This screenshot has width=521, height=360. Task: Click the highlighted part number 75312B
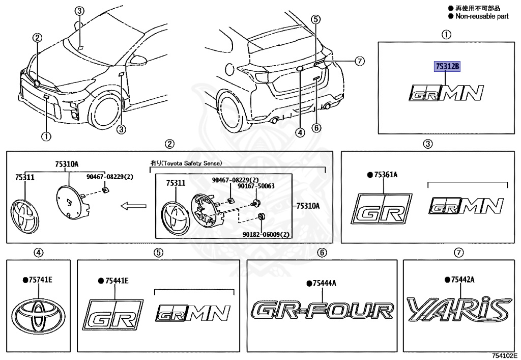click(446, 67)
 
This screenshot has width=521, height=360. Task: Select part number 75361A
click(385, 175)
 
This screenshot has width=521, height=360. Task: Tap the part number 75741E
click(39, 280)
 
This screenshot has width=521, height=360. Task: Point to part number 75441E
click(117, 281)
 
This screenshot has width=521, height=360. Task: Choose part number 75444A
click(324, 283)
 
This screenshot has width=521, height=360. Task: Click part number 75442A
click(462, 280)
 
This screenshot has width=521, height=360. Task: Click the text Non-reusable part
click(481, 16)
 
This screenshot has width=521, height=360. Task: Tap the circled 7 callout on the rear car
click(360, 61)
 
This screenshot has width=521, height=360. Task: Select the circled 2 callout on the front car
click(37, 37)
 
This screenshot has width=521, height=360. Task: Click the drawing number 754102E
click(504, 354)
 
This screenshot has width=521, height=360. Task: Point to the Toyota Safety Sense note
click(186, 163)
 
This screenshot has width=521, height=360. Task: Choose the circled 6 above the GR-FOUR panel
click(322, 252)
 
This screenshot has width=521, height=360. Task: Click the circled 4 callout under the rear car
click(300, 133)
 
